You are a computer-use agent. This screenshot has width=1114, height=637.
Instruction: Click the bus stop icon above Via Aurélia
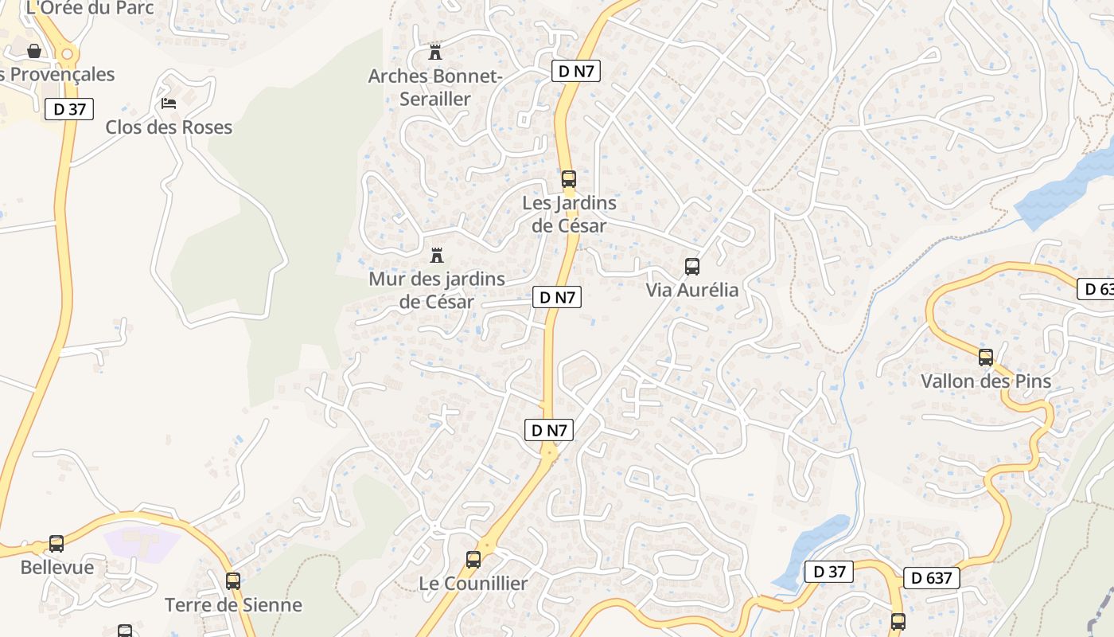click(692, 267)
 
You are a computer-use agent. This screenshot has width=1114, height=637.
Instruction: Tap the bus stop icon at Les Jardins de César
click(568, 179)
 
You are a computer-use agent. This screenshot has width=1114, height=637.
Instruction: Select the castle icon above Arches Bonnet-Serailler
click(435, 53)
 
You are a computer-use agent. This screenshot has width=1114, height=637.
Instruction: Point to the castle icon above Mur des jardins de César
click(436, 256)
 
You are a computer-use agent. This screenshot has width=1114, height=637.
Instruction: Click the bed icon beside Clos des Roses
click(168, 103)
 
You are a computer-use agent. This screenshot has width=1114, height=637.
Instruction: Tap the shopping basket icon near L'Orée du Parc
click(34, 51)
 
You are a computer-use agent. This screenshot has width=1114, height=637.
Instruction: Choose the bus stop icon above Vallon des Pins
click(986, 358)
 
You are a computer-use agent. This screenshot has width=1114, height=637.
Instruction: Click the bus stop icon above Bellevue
click(56, 544)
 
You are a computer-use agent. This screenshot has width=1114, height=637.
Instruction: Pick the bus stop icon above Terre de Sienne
click(232, 581)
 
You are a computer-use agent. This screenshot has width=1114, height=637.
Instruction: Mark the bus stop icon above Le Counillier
click(473, 560)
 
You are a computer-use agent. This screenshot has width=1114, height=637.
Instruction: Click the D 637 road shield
click(931, 578)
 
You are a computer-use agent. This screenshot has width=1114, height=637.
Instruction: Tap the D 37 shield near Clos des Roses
click(70, 109)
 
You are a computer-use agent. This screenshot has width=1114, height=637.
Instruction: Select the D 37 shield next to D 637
click(828, 571)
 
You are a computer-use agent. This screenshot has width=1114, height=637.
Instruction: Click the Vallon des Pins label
click(986, 381)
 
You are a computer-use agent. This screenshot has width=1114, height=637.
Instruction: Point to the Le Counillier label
click(473, 584)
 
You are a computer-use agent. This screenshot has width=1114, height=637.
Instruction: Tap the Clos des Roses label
click(169, 127)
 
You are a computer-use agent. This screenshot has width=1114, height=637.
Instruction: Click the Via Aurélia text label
click(692, 290)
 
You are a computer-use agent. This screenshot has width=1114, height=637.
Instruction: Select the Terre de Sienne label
click(233, 605)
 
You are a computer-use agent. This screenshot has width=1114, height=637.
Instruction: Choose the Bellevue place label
click(56, 568)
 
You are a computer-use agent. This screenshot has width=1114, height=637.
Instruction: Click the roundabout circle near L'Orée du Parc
click(67, 54)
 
